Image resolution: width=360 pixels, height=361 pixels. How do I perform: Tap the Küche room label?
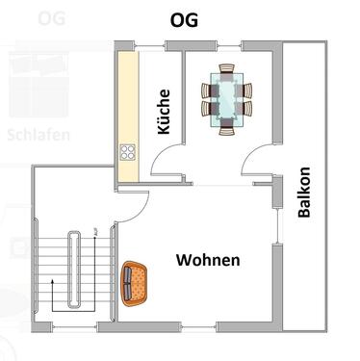164,112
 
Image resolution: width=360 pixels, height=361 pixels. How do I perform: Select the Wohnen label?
208,260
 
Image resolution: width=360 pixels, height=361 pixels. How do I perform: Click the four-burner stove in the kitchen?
126,151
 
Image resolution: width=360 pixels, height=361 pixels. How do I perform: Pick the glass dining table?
227,96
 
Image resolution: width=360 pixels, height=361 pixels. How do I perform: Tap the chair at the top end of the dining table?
227,68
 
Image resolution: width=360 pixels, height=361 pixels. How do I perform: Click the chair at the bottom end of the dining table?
227,123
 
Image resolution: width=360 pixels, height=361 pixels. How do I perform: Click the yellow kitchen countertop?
126,106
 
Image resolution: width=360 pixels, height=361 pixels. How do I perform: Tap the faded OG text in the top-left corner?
53,17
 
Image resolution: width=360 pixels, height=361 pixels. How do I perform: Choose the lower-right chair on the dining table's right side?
247,105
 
